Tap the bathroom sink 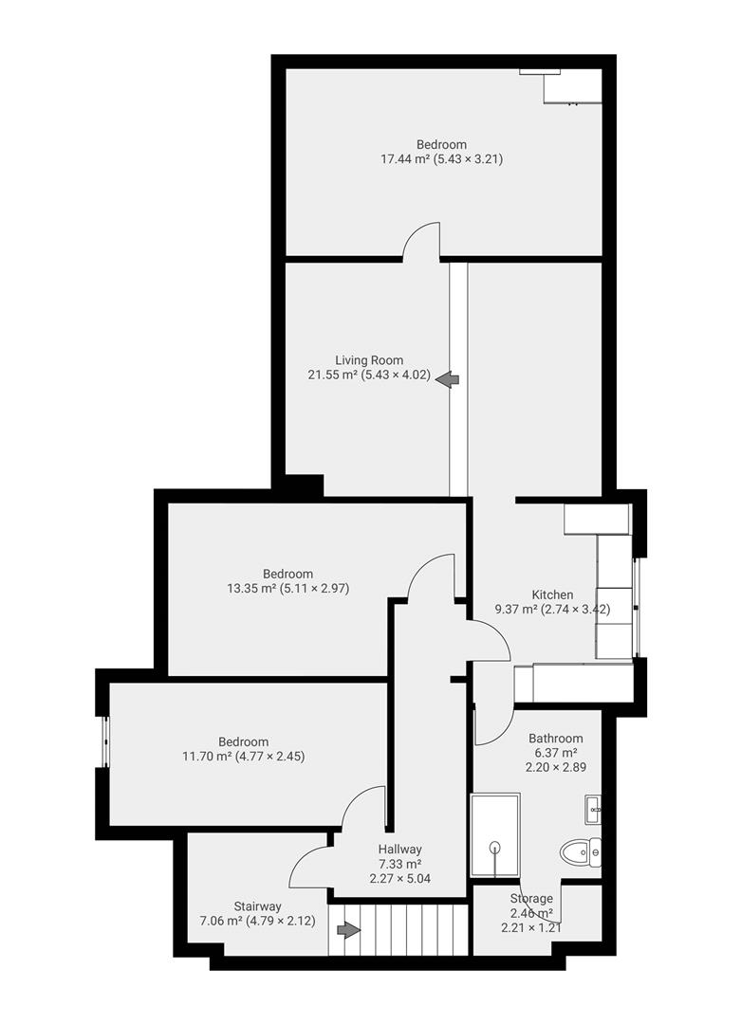pyautogui.click(x=592, y=810)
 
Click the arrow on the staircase pyautogui.click(x=348, y=930)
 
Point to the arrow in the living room pyautogui.click(x=448, y=379)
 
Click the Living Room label pyautogui.click(x=369, y=360)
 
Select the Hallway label pyautogui.click(x=399, y=849)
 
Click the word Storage pyautogui.click(x=531, y=898)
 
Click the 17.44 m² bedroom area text pyautogui.click(x=442, y=159)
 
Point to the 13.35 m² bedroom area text pyautogui.click(x=288, y=588)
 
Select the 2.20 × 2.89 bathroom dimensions pyautogui.click(x=556, y=767)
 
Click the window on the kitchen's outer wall pyautogui.click(x=637, y=607)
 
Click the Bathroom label pyautogui.click(x=556, y=738)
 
